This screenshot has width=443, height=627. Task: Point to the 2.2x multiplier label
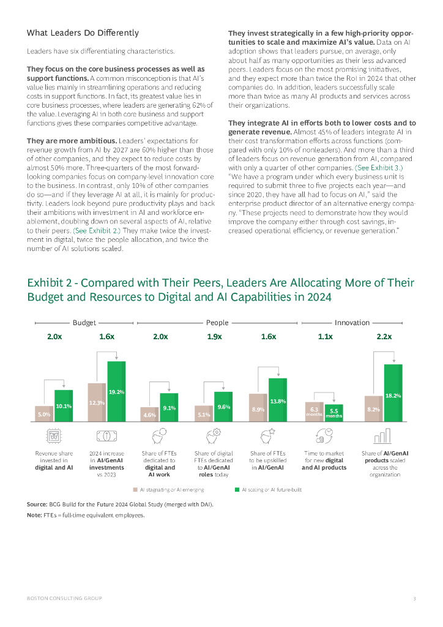point(384,337)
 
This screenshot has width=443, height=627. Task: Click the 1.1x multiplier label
point(325,337)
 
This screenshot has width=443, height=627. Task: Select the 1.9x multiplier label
point(214,337)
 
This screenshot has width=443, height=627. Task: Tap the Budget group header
point(84,322)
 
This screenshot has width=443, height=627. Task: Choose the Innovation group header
point(352,322)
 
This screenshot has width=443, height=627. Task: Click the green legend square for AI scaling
point(237,490)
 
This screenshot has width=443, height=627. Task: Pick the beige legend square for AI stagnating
point(136,490)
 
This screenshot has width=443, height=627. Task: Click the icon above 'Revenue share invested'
point(54,436)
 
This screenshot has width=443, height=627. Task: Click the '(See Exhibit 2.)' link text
point(97,231)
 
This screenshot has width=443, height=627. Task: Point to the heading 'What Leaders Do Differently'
point(83,32)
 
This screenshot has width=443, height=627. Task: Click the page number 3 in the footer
point(414,598)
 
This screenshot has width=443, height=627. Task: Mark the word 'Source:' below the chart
point(37,503)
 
